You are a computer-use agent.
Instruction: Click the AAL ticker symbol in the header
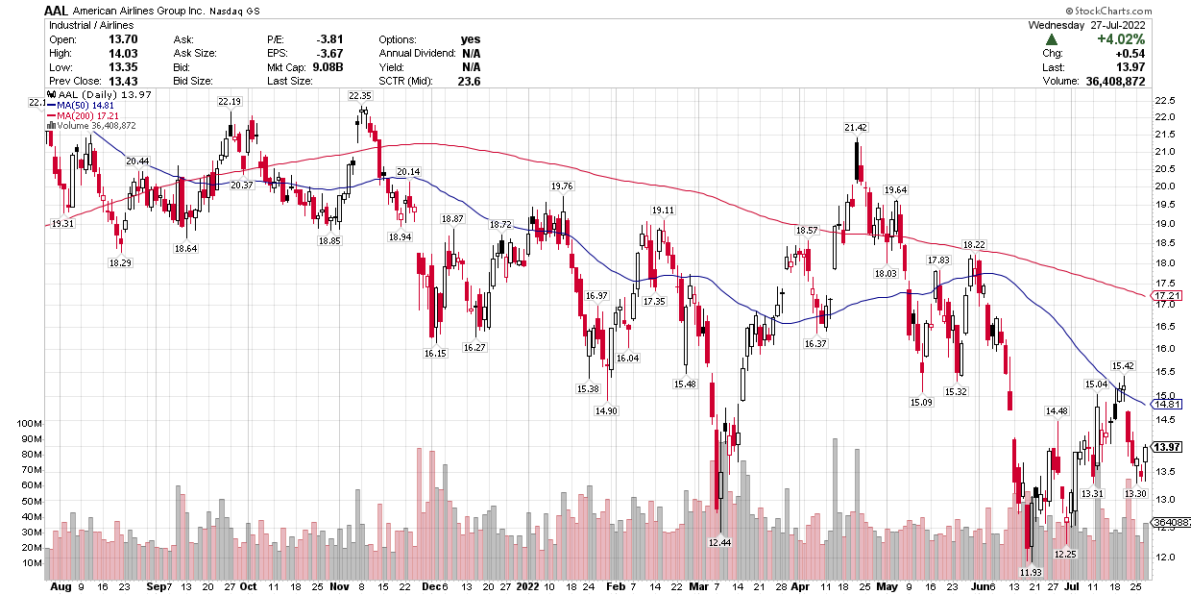click(x=57, y=10)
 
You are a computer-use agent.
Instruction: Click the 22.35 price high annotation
click(x=360, y=96)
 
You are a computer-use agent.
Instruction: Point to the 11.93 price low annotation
click(x=1031, y=572)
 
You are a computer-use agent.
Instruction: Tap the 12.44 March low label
click(x=719, y=543)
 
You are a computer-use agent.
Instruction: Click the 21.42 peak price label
click(x=856, y=127)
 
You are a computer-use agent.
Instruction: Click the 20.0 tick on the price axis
click(x=1164, y=186)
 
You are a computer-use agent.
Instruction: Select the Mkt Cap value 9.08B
click(x=328, y=67)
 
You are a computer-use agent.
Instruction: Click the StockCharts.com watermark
click(x=1143, y=10)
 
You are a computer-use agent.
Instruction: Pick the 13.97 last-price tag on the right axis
click(x=1166, y=448)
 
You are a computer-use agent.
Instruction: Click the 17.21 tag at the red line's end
click(x=1166, y=295)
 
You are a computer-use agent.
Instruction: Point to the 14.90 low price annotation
click(x=606, y=410)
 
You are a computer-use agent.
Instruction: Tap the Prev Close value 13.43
click(x=121, y=82)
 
